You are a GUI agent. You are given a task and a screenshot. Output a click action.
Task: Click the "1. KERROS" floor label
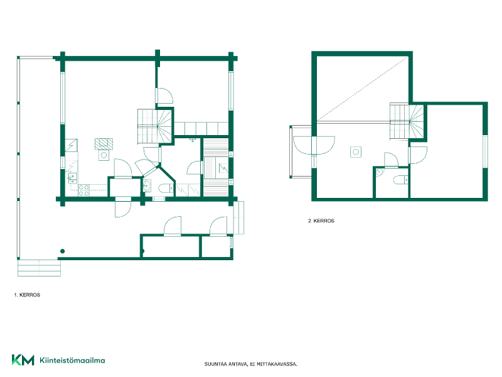point(27,295)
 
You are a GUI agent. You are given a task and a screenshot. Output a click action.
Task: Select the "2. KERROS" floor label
point(321,221)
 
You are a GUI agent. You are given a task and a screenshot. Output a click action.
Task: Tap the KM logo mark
point(23,360)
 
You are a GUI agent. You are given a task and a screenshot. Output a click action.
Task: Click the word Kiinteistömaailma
point(72,360)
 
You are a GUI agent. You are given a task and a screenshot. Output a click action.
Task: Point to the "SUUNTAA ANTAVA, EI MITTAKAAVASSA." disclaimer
point(250,364)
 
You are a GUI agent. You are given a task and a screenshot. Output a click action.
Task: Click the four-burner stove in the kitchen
point(84,190)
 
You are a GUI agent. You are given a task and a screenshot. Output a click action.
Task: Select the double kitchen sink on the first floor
point(72,178)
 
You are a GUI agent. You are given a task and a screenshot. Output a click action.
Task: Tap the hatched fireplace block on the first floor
point(104,144)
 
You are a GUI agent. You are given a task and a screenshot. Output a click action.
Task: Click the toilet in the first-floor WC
point(166,188)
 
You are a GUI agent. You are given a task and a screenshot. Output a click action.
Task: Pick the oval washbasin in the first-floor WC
point(147,185)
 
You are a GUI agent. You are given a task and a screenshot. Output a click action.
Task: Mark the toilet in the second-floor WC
point(401,180)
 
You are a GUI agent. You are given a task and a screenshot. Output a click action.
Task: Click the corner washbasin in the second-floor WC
point(379,172)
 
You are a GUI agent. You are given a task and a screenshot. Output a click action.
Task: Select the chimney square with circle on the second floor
point(356,152)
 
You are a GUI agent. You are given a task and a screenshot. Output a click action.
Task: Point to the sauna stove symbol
point(223,168)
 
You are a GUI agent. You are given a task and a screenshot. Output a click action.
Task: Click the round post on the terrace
point(62,251)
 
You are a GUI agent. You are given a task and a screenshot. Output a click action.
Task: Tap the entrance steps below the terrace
point(39,268)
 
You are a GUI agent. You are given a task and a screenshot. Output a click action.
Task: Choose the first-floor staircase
point(155,126)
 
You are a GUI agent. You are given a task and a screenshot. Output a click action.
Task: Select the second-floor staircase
point(407,121)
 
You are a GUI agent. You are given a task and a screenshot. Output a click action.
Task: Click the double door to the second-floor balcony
point(314,145)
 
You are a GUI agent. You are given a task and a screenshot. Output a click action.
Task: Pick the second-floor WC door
point(391,160)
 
